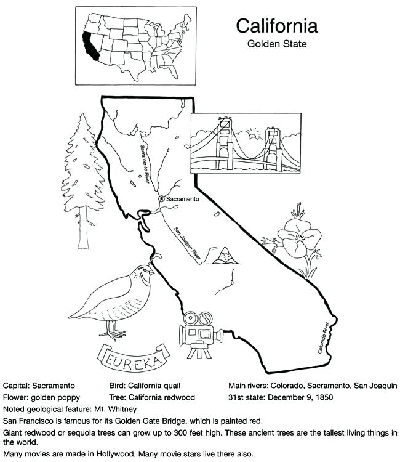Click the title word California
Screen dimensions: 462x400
(x=277, y=26)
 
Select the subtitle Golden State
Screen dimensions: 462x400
(x=277, y=44)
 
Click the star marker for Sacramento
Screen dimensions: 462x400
(x=162, y=199)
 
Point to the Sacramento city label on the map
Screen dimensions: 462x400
(x=183, y=200)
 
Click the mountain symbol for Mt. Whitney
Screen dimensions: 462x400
(x=224, y=254)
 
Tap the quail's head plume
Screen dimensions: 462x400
(x=158, y=254)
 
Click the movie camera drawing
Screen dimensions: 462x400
(x=199, y=333)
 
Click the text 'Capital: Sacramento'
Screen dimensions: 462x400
(x=39, y=386)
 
